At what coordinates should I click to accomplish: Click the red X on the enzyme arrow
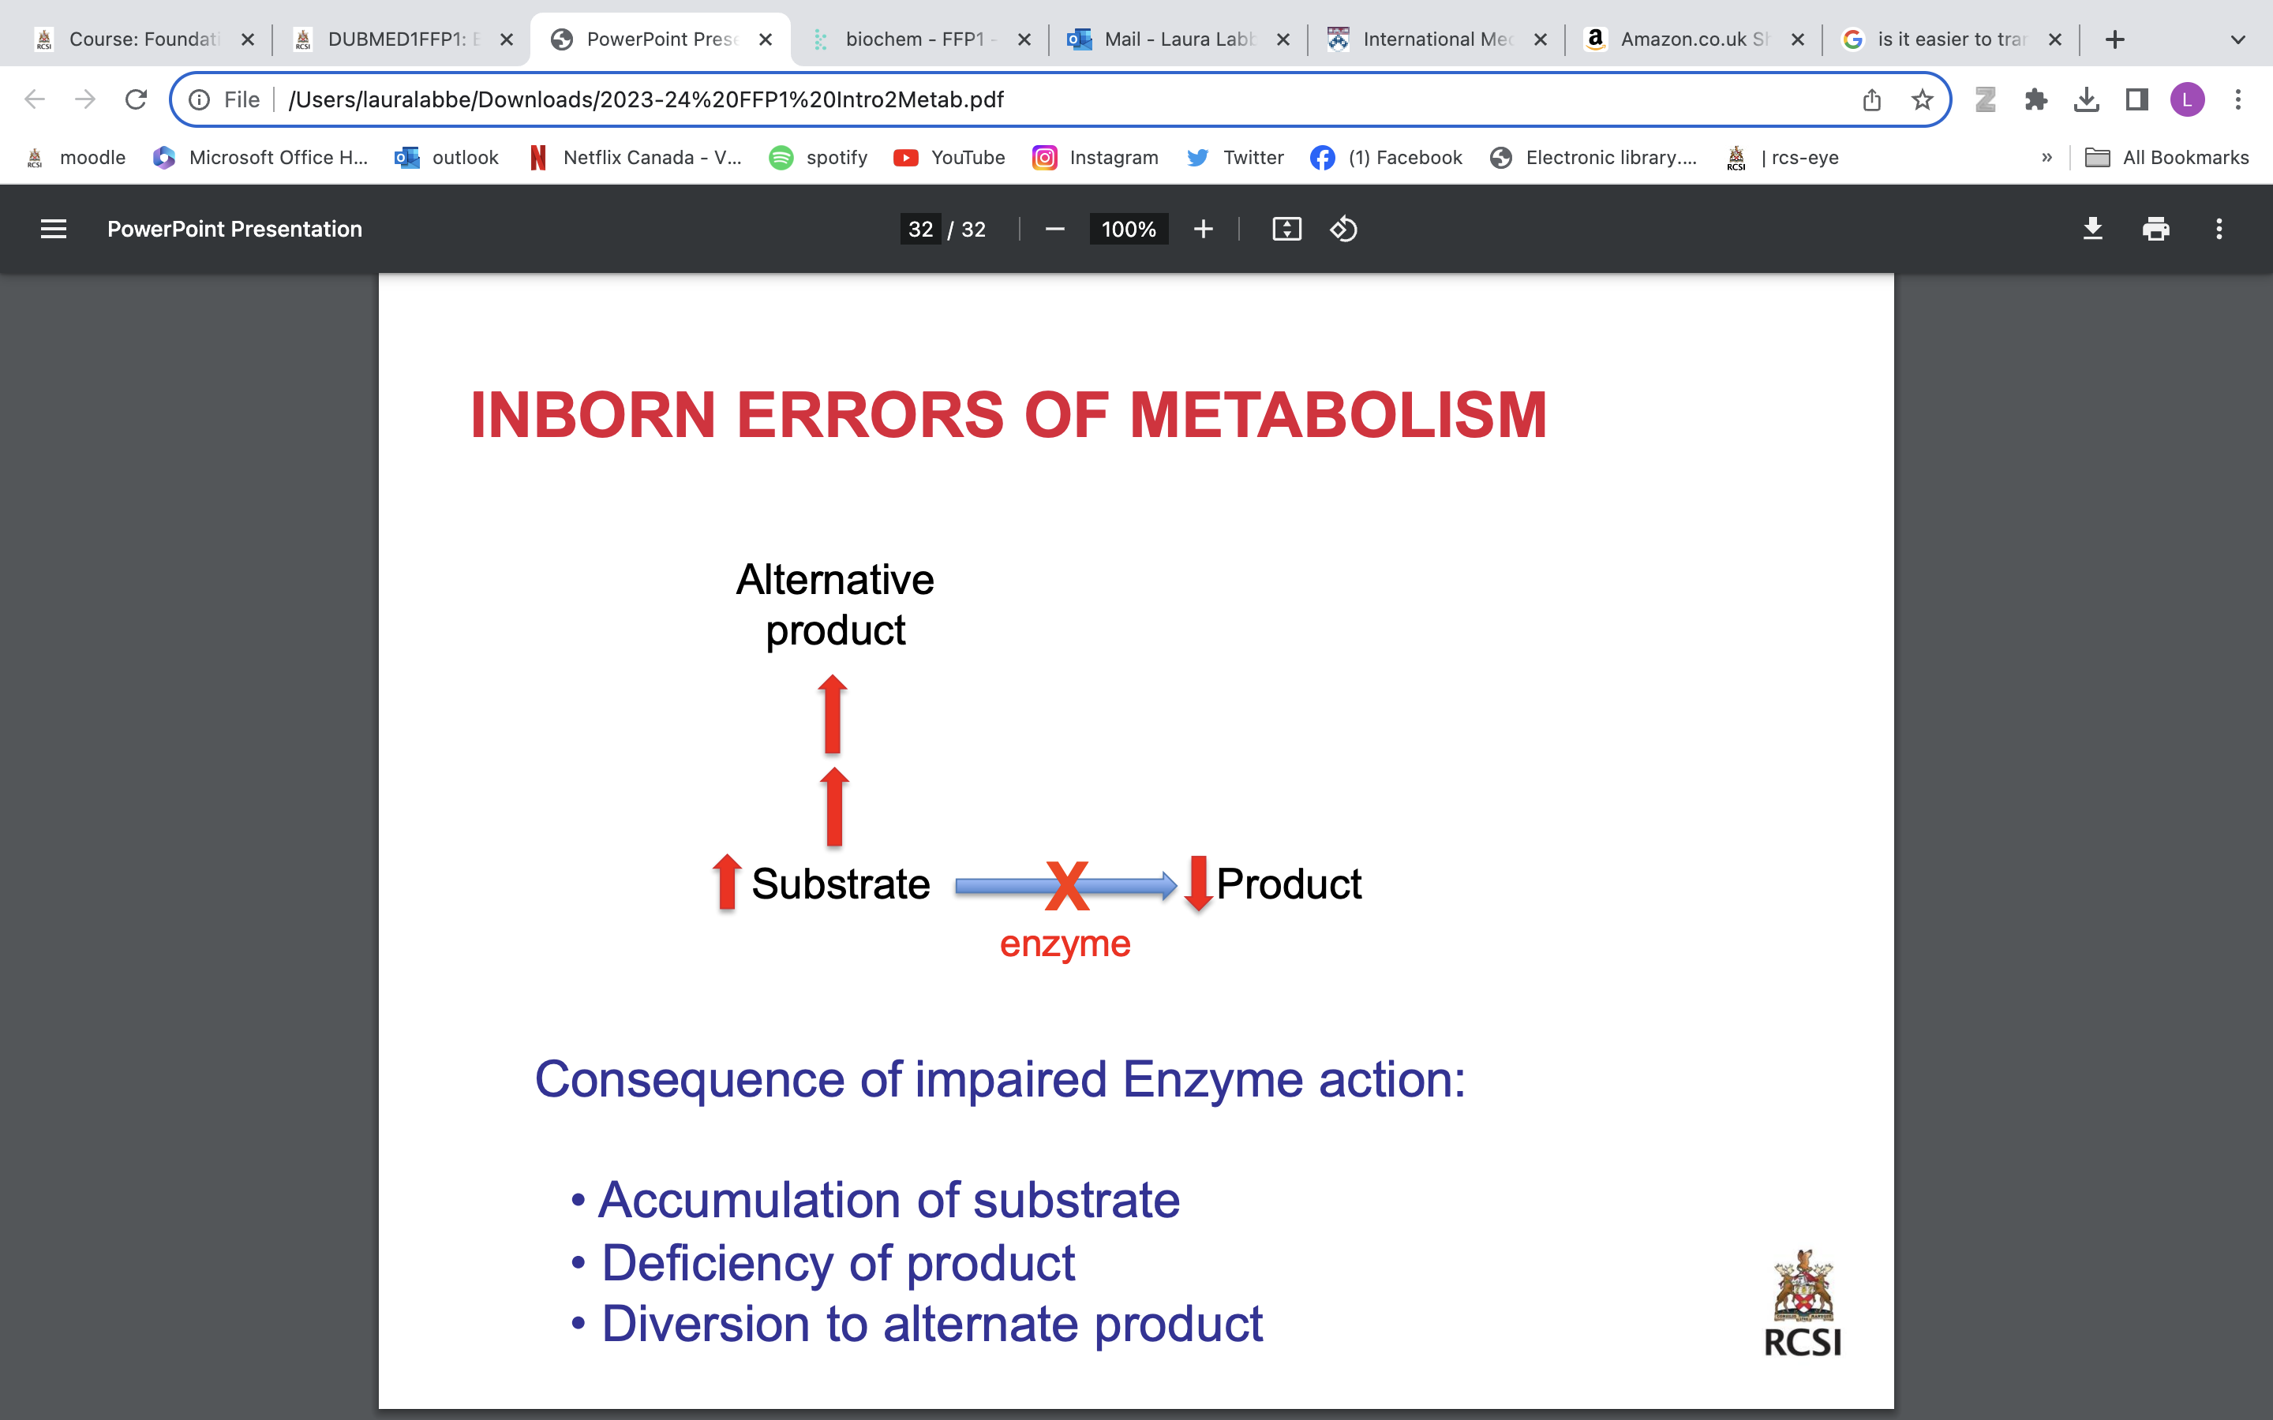(1067, 886)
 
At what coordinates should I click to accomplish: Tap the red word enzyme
(1064, 944)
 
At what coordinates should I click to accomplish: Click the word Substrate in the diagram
(841, 884)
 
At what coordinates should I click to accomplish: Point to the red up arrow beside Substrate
(726, 882)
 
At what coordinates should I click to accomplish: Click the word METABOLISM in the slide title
(1338, 414)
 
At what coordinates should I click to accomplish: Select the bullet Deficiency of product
(838, 1262)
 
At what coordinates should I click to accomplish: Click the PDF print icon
(2155, 229)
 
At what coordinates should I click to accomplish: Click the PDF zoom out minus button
(1054, 229)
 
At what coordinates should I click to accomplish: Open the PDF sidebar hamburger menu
(54, 229)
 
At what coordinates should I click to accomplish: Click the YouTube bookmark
(949, 158)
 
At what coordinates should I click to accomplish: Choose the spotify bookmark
(818, 158)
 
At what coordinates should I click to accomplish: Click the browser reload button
(137, 99)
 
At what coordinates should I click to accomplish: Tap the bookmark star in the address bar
(1922, 99)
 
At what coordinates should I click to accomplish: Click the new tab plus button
(2114, 39)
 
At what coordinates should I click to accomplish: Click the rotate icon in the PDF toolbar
(1343, 229)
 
